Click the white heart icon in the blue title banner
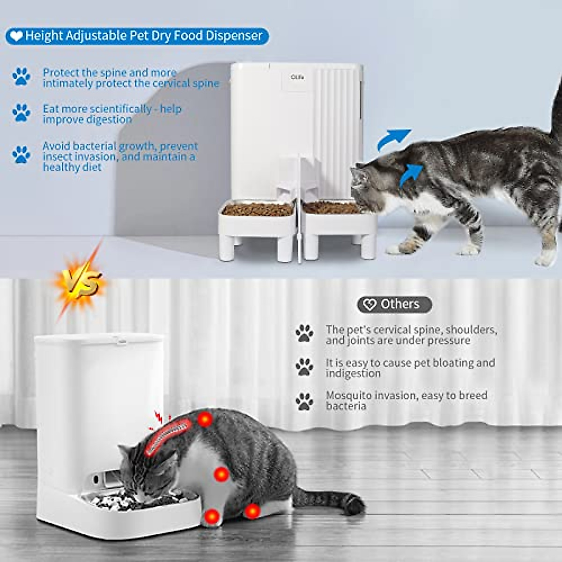coord(16,36)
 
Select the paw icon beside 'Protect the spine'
coord(21,76)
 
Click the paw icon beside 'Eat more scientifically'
coord(21,113)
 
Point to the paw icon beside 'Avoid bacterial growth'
coord(21,155)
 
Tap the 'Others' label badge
coord(394,304)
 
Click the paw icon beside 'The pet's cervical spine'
coord(304,333)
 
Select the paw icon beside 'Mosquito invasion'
coord(304,401)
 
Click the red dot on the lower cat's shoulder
coord(204,419)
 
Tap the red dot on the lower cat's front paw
coord(213,517)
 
